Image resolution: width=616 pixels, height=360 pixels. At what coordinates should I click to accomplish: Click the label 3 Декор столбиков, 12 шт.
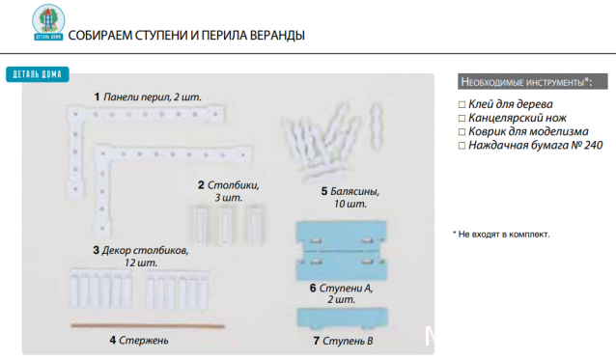coord(141,256)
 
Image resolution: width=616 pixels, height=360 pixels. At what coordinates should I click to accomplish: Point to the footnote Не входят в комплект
coord(504,234)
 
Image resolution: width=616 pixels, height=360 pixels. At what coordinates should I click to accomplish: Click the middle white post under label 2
coord(226,224)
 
